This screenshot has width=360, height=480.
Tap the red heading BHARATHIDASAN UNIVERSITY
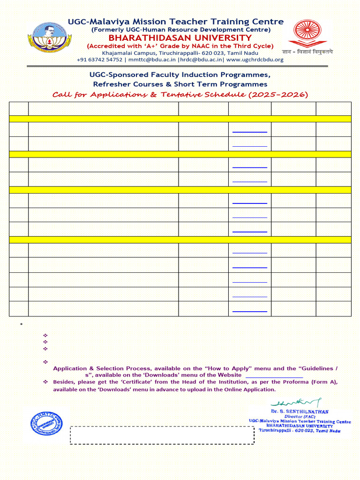pos(180,38)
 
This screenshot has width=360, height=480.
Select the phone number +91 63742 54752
pos(99,60)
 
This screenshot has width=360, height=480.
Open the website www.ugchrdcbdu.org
pos(255,60)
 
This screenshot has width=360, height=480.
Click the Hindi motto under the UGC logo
pos(307,52)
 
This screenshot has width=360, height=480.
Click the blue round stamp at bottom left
pos(46,424)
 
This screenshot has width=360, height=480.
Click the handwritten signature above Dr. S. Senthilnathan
pos(296,403)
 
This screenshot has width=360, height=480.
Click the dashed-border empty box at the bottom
pos(162,435)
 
